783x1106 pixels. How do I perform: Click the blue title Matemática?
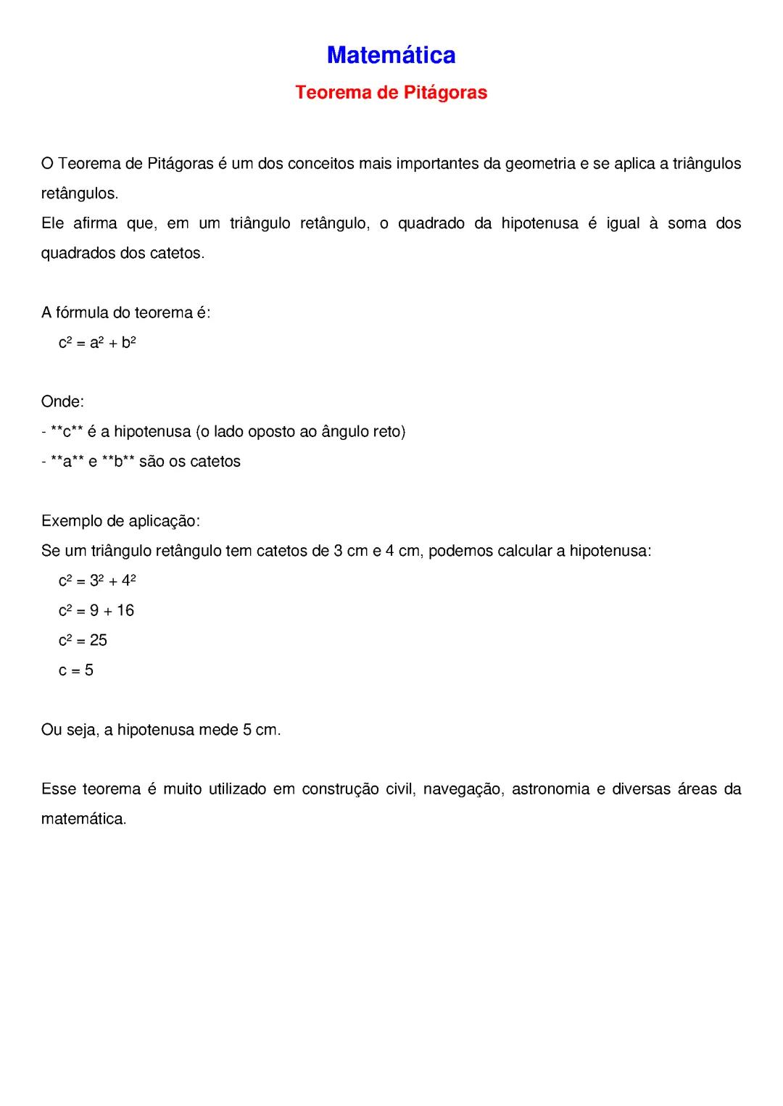391,55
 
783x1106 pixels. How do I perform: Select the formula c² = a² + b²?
97,343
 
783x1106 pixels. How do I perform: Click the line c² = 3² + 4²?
97,581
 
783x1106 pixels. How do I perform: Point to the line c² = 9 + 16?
96,611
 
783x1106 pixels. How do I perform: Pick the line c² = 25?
83,641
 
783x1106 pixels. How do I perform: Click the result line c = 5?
76,670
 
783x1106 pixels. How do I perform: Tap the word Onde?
62,402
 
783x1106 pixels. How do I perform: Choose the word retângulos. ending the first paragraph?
80,194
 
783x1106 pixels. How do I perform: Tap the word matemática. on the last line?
83,820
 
